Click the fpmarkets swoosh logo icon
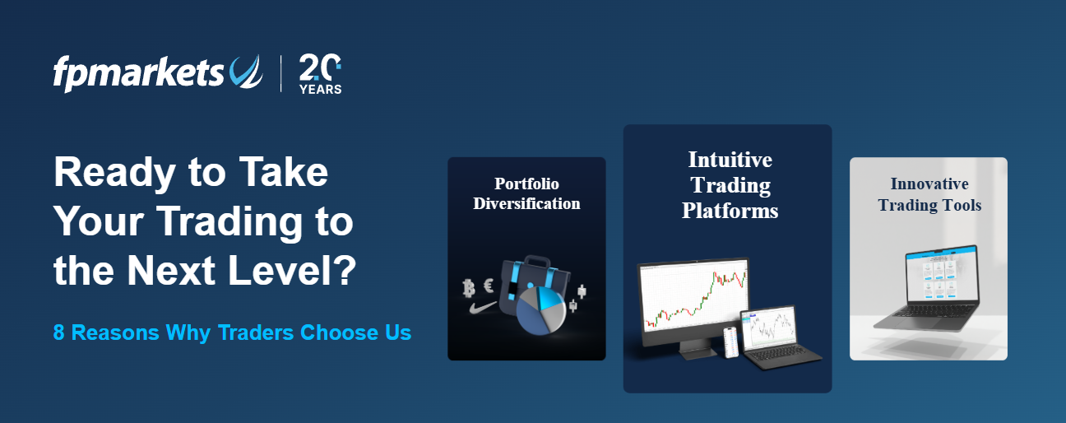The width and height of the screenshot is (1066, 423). click(x=246, y=72)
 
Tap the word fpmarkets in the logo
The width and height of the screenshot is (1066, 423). click(x=138, y=73)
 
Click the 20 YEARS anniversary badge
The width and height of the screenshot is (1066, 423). click(x=320, y=74)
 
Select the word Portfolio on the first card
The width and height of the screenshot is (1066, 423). click(x=526, y=184)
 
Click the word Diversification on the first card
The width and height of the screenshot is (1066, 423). click(x=526, y=203)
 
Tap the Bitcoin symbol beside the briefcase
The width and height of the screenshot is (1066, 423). click(x=470, y=288)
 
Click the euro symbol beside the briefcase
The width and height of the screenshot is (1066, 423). click(x=489, y=285)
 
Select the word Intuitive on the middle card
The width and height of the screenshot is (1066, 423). click(x=730, y=159)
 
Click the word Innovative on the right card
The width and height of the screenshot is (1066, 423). click(x=929, y=184)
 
